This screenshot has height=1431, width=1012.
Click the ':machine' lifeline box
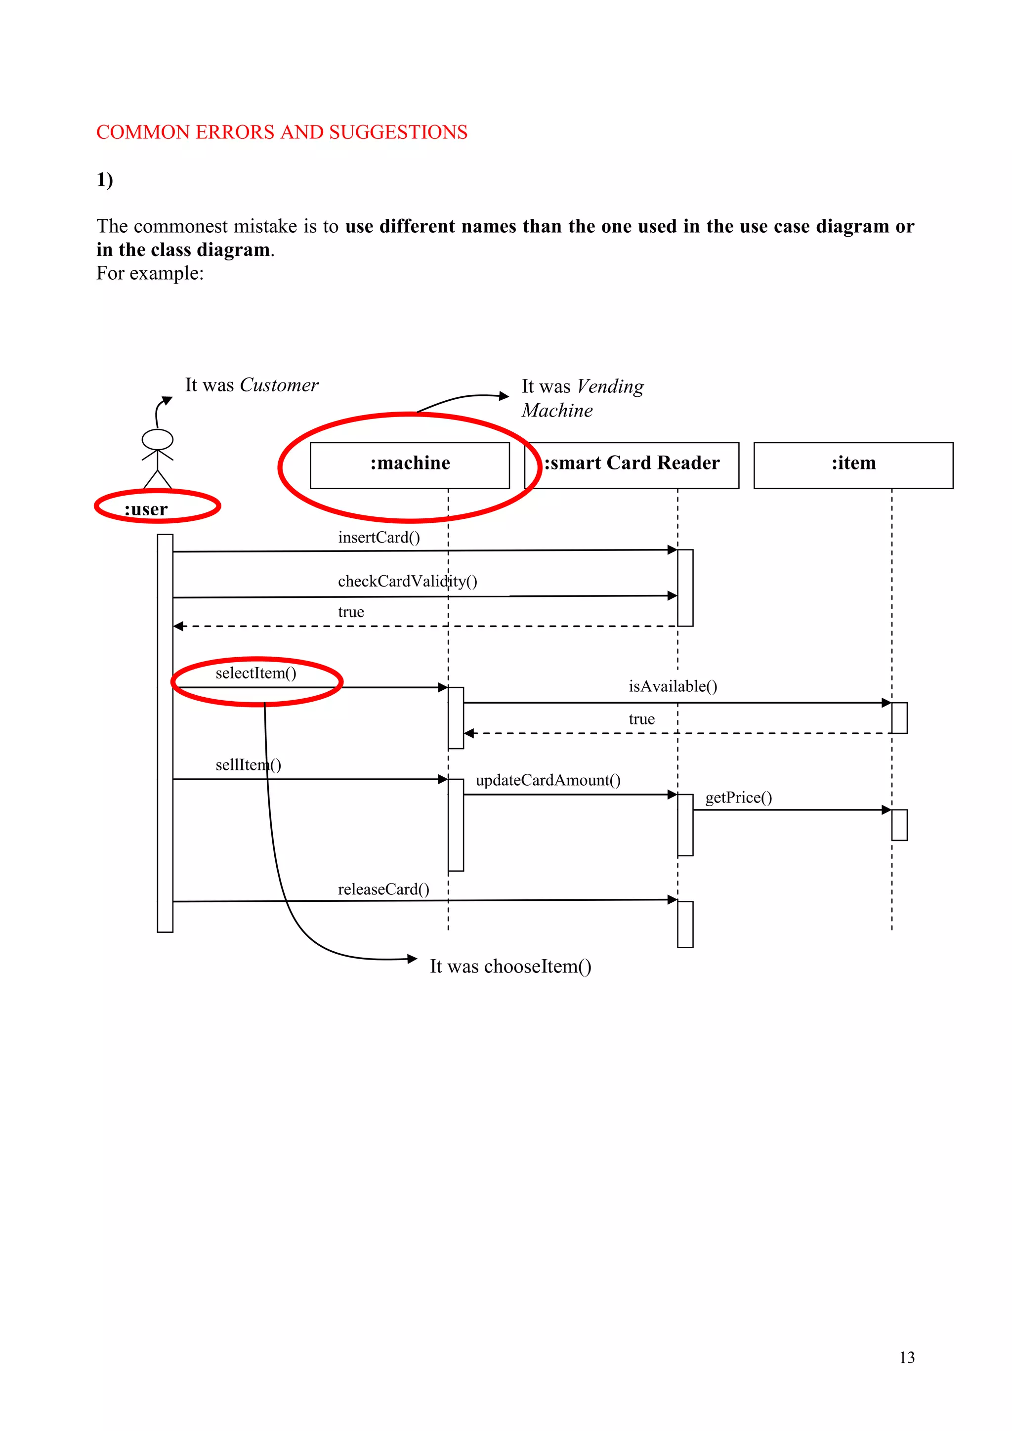click(x=410, y=465)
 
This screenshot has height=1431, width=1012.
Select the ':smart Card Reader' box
click(x=632, y=465)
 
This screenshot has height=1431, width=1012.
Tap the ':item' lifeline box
click(x=853, y=465)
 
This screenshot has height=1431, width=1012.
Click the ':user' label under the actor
click(x=146, y=509)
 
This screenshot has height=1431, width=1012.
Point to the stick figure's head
click(x=157, y=439)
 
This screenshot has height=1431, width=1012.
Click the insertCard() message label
click(x=379, y=537)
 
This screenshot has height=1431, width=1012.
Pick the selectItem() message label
click(x=255, y=673)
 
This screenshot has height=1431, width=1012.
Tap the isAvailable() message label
click(x=673, y=686)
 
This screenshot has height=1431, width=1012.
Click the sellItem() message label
click(x=248, y=765)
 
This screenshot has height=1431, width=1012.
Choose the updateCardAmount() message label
click(x=548, y=780)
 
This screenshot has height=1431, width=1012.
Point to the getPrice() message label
click(x=738, y=797)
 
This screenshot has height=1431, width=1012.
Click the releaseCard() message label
click(x=383, y=889)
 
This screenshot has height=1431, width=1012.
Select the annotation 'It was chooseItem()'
click(x=510, y=966)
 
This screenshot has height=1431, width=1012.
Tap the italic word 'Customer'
click(x=279, y=385)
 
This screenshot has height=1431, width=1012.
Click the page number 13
click(x=907, y=1357)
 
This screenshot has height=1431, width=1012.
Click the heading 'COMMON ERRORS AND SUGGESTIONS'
click(x=282, y=132)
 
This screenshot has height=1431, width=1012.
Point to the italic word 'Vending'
click(x=610, y=386)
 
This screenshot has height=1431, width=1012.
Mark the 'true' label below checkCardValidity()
click(x=351, y=612)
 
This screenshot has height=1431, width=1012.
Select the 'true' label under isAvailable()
click(x=641, y=719)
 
